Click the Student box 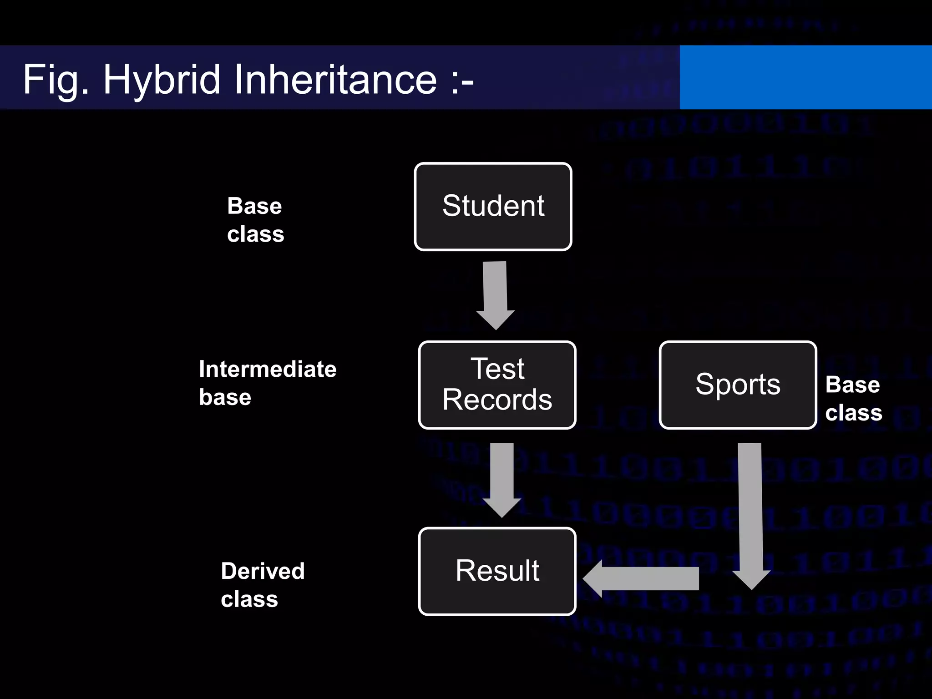tap(493, 207)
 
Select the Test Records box tap(497, 385)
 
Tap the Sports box tap(738, 385)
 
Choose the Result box tap(497, 571)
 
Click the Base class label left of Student tap(255, 220)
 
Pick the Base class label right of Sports tap(853, 399)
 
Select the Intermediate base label tap(268, 383)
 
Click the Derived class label tap(263, 585)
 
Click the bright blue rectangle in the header tap(805, 77)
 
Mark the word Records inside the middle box tap(497, 400)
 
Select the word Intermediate tap(268, 369)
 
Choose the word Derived tap(263, 571)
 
